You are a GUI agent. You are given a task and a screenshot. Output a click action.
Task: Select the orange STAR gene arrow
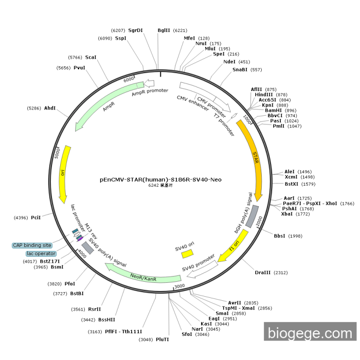coord(256,159)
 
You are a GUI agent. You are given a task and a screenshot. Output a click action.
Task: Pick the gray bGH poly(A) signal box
coord(252,217)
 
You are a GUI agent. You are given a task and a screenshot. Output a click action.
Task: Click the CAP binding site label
coord(32,245)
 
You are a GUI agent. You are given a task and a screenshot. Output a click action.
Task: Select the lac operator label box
coord(41,254)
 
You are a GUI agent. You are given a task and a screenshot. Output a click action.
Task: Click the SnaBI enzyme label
coord(240,69)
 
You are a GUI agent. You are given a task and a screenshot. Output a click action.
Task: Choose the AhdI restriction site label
coord(50,108)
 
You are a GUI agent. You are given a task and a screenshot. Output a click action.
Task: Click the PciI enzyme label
coord(35,218)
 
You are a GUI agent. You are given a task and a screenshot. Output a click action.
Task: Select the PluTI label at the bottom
coord(163,339)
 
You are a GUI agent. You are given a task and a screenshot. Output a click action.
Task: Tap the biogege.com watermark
coord(310,333)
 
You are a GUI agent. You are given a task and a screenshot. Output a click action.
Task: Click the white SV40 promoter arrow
coord(201,268)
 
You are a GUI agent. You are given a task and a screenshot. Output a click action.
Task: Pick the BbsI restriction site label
coord(280,236)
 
